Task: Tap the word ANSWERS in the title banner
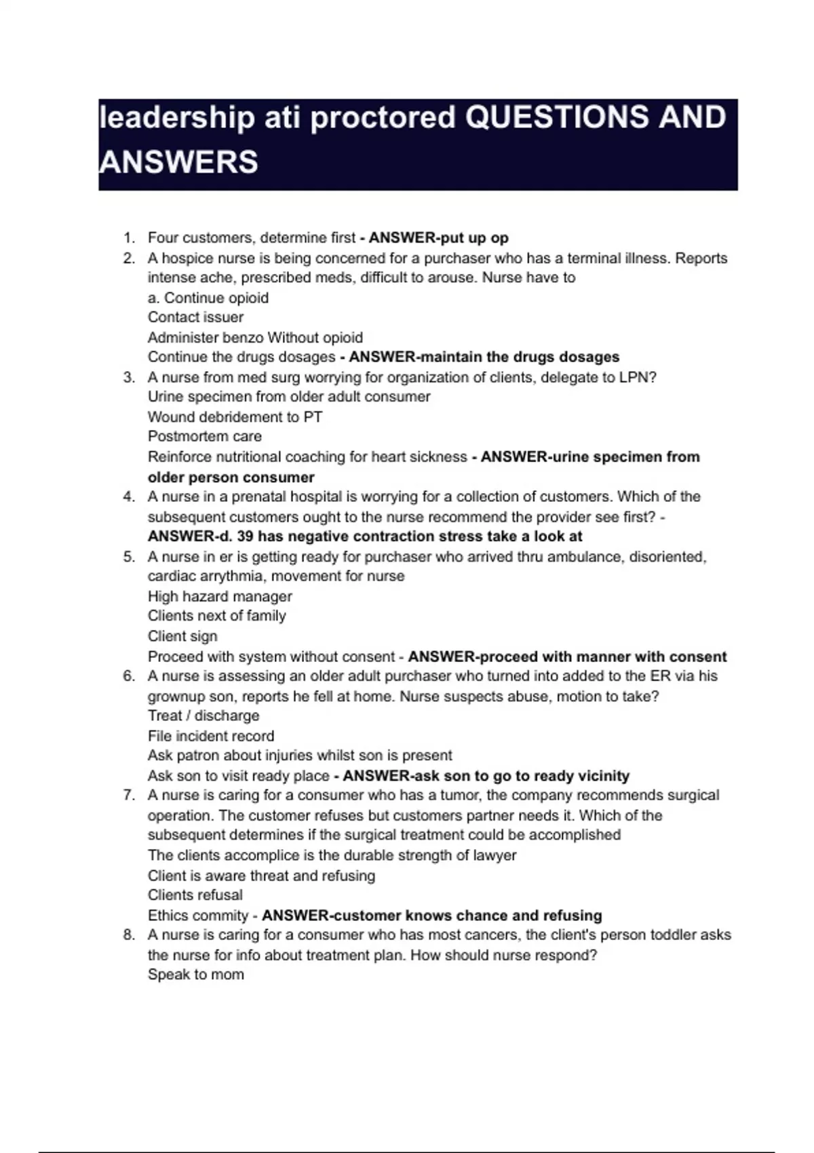[x=178, y=162]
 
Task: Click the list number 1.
[x=129, y=238]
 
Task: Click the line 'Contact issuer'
[x=195, y=317]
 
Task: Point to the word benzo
[x=243, y=338]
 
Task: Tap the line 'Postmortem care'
[x=204, y=437]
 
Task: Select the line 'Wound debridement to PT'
[x=235, y=417]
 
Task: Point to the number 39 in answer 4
[x=246, y=536]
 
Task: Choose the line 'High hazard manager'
[x=220, y=597]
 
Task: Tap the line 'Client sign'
[x=182, y=637]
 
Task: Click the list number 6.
[x=129, y=676]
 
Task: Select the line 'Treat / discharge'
[x=203, y=716]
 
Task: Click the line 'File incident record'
[x=211, y=737]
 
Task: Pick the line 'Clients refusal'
[x=195, y=895]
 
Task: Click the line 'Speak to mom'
[x=195, y=975]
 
